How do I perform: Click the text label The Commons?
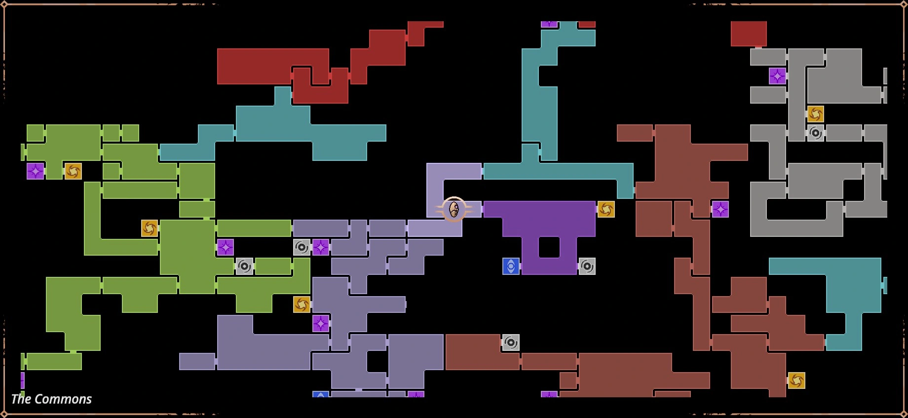coord(51,399)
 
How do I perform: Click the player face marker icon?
coord(454,210)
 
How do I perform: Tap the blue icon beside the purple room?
coord(511,266)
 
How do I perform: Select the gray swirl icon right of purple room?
coord(587,266)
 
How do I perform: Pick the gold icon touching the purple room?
coord(606,209)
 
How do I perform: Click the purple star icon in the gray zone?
coord(777,76)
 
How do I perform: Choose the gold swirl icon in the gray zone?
coord(815,114)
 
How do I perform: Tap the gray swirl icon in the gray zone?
coord(815,133)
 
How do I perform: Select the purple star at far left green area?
coord(35,171)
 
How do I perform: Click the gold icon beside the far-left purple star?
coord(73,171)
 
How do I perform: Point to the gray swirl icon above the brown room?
coord(511,342)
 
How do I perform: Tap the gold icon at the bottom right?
coord(796,380)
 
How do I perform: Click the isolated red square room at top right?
coord(749,34)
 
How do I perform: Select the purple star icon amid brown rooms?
coord(720,209)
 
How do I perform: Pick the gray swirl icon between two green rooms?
coord(244,266)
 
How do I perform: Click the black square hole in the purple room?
coord(549,247)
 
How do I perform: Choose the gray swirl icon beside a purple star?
coord(302,247)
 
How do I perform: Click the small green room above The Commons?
coord(54,361)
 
